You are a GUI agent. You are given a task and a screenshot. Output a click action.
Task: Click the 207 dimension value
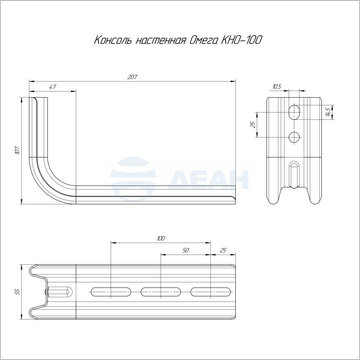(x=132, y=77)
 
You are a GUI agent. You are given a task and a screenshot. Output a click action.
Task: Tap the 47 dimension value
(x=53, y=87)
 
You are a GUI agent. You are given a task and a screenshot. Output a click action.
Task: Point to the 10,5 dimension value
(x=277, y=86)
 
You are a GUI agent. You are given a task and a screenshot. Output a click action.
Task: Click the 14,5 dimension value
(x=328, y=112)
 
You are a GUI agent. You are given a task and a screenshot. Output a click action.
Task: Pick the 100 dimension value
(x=161, y=238)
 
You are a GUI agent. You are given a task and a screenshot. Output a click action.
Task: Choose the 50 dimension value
(x=185, y=250)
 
